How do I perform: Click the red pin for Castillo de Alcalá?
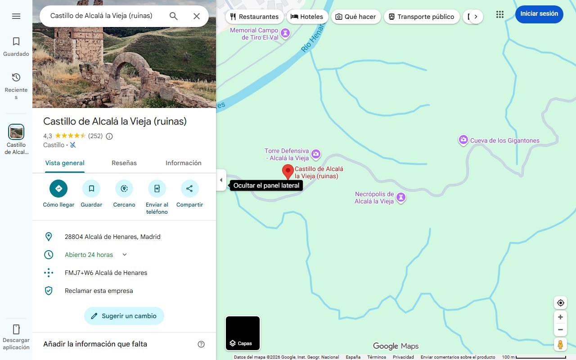point(288,171)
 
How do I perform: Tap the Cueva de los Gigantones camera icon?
point(463,140)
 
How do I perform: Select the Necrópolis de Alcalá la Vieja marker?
point(400,198)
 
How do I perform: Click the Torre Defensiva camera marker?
point(316,154)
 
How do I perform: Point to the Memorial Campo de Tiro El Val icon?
point(285,33)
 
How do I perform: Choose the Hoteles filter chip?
point(306,17)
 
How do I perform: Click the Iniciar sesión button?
point(539,14)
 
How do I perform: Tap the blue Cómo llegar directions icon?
point(58,189)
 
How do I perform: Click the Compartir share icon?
point(189,189)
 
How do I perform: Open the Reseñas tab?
point(124,163)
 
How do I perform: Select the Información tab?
point(183,163)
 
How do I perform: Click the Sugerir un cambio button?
point(124,316)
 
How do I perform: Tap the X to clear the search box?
point(197,16)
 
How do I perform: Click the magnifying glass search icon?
point(174,16)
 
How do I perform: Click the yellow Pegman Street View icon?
point(560,345)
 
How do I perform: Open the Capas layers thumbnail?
point(243,333)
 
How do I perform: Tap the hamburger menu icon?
point(16,16)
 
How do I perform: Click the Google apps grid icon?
point(500,14)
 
